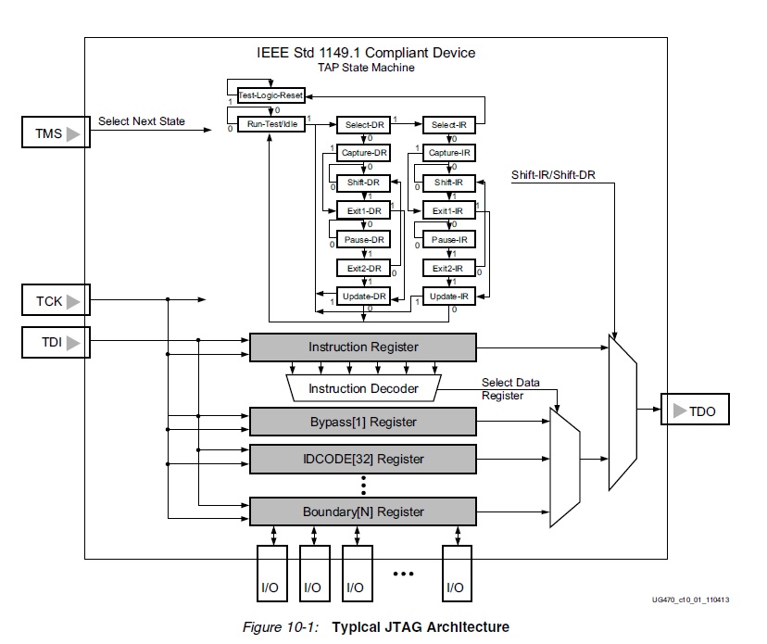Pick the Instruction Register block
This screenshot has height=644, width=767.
click(x=363, y=347)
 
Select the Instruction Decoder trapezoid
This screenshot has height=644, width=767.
click(x=363, y=388)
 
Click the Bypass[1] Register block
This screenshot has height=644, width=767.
click(x=363, y=422)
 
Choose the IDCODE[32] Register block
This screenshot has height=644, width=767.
click(x=363, y=459)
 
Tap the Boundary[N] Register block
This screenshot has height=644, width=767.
click(x=363, y=511)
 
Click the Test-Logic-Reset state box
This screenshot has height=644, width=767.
click(x=270, y=95)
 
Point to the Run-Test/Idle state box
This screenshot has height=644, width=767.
click(x=270, y=124)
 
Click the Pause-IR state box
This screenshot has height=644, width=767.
click(x=449, y=239)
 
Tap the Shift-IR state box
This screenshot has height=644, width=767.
click(x=449, y=183)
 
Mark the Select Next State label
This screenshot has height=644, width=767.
click(x=141, y=121)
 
